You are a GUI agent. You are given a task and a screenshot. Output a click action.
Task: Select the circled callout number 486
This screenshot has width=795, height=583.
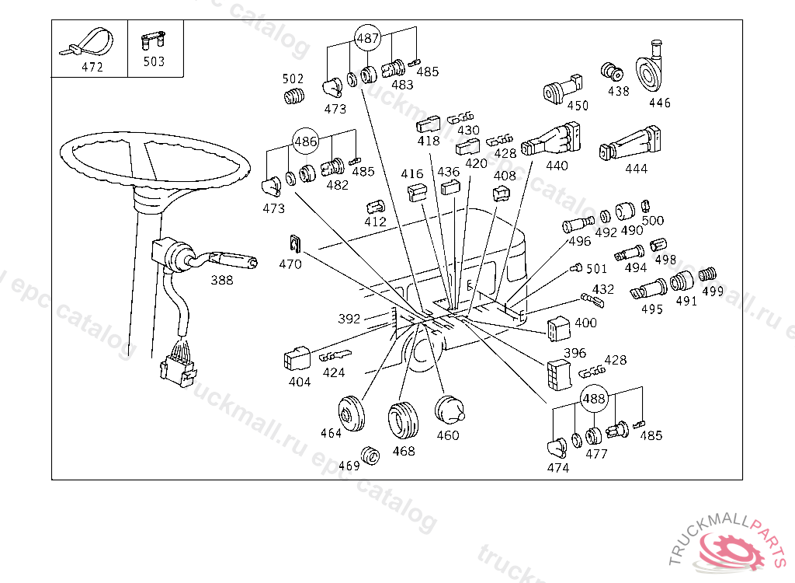click(x=305, y=141)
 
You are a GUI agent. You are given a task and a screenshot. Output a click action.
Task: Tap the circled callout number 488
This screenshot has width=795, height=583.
click(x=594, y=398)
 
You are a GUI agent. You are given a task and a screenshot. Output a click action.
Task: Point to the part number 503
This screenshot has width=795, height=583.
click(x=154, y=61)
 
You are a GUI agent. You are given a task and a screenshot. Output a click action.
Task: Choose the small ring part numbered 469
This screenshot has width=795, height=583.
click(x=370, y=456)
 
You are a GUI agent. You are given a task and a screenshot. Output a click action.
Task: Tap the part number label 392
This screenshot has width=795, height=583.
click(x=349, y=319)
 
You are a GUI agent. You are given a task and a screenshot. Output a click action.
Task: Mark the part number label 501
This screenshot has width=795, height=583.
click(x=596, y=269)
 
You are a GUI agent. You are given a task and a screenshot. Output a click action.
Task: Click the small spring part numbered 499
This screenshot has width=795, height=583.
click(x=706, y=274)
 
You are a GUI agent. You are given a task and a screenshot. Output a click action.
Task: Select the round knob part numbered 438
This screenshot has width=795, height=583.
click(x=613, y=72)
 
